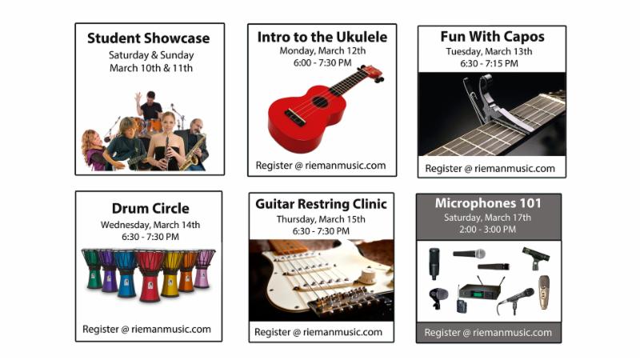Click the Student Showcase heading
[x=149, y=38]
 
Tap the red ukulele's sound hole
[x=320, y=102]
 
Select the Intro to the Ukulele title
[x=322, y=37]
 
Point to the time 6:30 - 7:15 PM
[x=489, y=64]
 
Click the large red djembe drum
[x=150, y=275]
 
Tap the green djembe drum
[x=93, y=269]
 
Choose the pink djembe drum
[x=204, y=269]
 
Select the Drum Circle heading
[x=150, y=209]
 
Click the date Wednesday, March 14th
[x=150, y=225]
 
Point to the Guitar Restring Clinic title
[x=322, y=204]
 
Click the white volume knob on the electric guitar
[x=368, y=276]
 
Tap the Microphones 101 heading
[x=488, y=203]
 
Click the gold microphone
[x=543, y=292]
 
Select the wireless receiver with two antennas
[x=481, y=290]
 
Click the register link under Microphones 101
[x=488, y=333]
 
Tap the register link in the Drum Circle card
[x=146, y=330]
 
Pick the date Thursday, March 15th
[x=321, y=219]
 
